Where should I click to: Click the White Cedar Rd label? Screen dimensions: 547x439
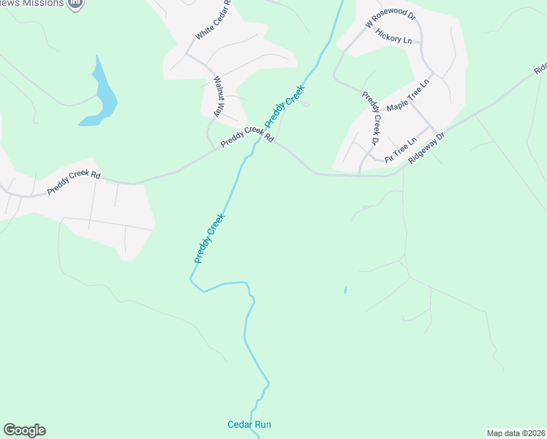click(x=214, y=20)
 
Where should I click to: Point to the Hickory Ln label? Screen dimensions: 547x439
click(x=393, y=36)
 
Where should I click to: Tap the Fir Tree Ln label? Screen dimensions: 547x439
click(x=400, y=149)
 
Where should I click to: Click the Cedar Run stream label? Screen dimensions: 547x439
click(x=249, y=424)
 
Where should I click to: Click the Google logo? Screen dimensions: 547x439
click(x=24, y=430)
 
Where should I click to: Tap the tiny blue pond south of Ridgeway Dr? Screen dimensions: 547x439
click(x=345, y=290)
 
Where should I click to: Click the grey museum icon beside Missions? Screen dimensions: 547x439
click(x=75, y=4)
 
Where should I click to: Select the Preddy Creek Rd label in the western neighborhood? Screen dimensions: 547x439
click(x=73, y=182)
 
